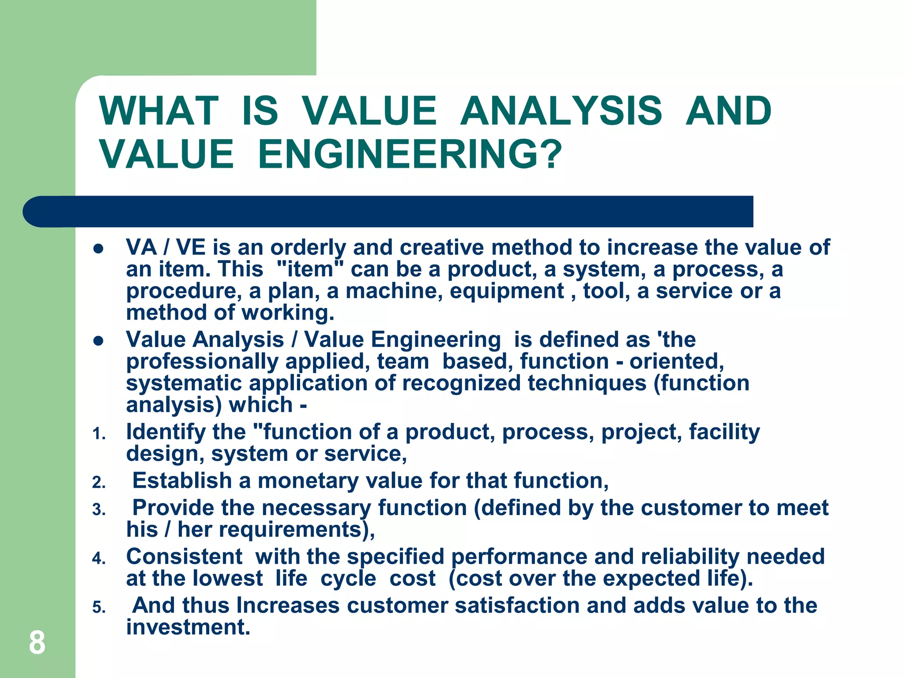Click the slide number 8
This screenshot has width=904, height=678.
[x=37, y=643]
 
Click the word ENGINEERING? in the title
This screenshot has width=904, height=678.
[x=410, y=154]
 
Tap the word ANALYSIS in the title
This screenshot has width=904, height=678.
[x=561, y=111]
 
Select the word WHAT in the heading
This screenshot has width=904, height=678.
[x=159, y=111]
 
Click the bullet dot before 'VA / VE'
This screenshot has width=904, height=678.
[x=98, y=249]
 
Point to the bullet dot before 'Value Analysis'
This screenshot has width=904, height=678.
[x=98, y=341]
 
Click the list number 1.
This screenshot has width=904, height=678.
[x=98, y=434]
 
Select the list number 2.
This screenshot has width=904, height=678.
[x=98, y=483]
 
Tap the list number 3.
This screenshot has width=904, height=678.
[x=98, y=510]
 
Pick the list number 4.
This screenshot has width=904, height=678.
[x=98, y=559]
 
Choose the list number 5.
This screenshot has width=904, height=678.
[x=98, y=608]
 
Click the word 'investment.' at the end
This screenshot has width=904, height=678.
[x=188, y=627]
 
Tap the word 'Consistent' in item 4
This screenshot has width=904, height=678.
[x=184, y=557]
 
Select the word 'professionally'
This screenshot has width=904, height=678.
[x=202, y=362]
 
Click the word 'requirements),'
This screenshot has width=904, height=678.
[x=297, y=530]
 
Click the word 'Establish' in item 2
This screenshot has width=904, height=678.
[x=182, y=481]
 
